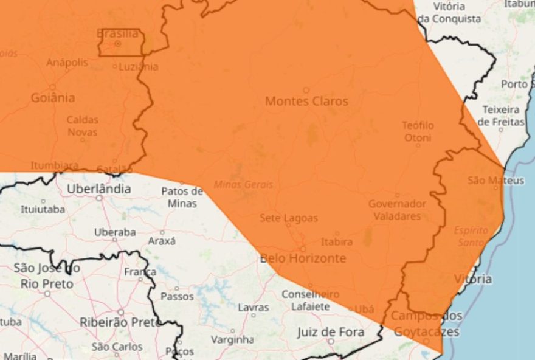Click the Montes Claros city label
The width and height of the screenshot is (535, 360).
tap(306, 101)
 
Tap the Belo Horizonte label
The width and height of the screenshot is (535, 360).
tap(303, 258)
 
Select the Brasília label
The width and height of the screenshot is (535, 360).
tap(118, 33)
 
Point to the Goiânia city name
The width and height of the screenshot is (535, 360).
tap(53, 97)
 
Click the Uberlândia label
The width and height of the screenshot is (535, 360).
tap(98, 189)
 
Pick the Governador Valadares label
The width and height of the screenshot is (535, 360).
tap(397, 210)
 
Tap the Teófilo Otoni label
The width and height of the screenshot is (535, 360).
tap(418, 131)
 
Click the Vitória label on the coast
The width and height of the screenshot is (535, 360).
tap(473, 279)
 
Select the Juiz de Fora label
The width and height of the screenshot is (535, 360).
tap(331, 331)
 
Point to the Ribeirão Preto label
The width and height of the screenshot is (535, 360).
tap(121, 322)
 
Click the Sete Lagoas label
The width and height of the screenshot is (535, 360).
tap(289, 218)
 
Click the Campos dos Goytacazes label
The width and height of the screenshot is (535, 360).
tap(427, 324)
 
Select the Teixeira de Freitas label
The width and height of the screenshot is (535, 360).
tap(501, 116)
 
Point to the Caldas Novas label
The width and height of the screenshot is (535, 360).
tap(82, 126)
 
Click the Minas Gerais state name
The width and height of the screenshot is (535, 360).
tap(243, 184)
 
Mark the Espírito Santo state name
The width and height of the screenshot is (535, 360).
tap(471, 236)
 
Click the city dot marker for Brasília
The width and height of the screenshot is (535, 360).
tap(118, 44)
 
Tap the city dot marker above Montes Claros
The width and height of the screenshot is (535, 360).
tap(306, 90)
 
